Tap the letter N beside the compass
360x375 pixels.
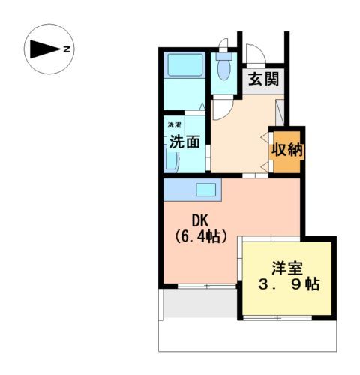(x=67, y=49)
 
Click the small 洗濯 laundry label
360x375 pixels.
(x=174, y=124)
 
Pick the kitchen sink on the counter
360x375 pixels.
(x=206, y=189)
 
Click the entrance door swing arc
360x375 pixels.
(x=255, y=54)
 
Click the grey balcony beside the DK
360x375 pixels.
(x=199, y=304)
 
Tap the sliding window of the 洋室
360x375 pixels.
(x=285, y=318)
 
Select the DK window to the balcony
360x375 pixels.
(x=199, y=286)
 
